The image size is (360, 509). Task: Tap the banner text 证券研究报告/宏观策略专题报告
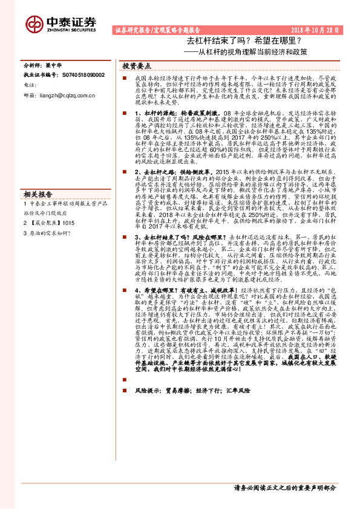(157, 30)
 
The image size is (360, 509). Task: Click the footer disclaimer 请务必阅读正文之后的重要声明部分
(285, 487)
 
